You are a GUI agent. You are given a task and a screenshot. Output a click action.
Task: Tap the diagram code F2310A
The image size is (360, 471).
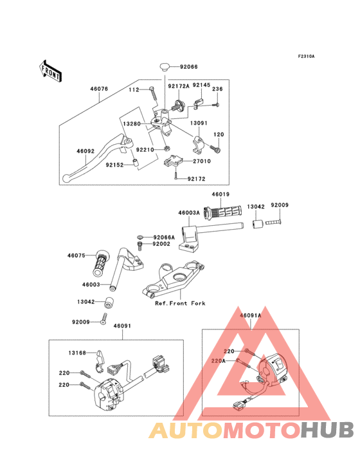306,57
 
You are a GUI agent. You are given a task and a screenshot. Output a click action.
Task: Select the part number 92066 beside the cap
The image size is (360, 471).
190,66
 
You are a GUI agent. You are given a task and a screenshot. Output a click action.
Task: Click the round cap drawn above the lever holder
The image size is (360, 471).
166,66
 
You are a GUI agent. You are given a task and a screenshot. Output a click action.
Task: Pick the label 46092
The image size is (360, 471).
86,151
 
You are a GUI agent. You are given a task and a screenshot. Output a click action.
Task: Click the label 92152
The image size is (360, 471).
116,164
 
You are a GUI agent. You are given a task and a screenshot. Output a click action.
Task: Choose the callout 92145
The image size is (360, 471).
201,85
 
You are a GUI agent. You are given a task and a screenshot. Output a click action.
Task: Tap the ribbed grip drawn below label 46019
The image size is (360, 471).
222,210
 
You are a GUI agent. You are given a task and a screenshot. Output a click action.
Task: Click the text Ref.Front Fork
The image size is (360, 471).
180,303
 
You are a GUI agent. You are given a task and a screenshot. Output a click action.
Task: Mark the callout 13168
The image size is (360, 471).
78,352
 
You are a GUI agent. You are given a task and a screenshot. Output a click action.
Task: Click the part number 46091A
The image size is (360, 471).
251,315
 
